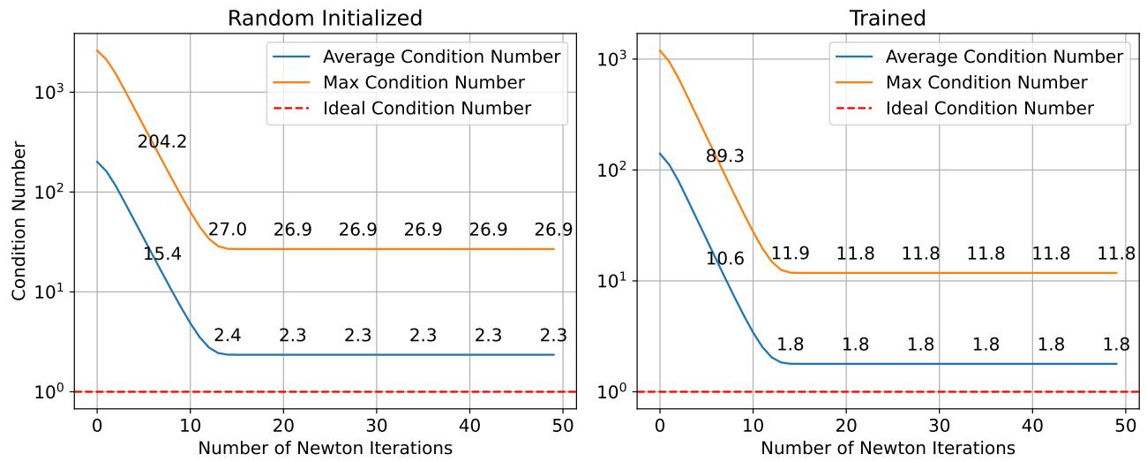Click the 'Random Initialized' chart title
(325, 18)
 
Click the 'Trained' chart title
(888, 18)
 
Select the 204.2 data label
(161, 141)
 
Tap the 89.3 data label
(724, 156)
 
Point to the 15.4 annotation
(162, 254)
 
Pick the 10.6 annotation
(725, 259)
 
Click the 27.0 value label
(228, 230)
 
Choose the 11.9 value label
(791, 254)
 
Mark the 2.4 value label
(227, 336)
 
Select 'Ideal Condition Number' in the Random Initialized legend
(427, 109)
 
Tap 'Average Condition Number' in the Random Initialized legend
(441, 57)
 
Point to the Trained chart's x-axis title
(888, 448)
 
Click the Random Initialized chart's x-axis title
(326, 448)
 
